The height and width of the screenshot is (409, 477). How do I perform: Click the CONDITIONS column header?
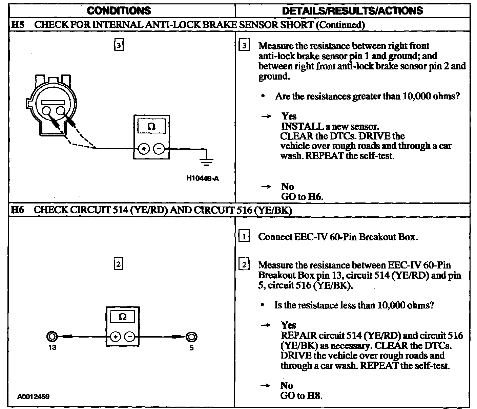pyautogui.click(x=119, y=10)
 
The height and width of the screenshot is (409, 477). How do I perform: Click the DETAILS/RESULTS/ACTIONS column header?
pyautogui.click(x=352, y=10)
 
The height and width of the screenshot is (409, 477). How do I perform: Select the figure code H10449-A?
pyautogui.click(x=203, y=178)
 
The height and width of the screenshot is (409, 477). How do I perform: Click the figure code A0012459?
pyautogui.click(x=33, y=396)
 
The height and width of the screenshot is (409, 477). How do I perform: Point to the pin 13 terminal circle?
pyautogui.click(x=52, y=337)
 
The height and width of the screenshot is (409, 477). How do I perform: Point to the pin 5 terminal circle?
pyautogui.click(x=191, y=337)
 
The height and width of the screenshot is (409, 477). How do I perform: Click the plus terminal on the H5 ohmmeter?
pyautogui.click(x=144, y=149)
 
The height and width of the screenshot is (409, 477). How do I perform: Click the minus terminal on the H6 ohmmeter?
pyautogui.click(x=130, y=337)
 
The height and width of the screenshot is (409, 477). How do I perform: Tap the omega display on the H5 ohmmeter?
pyautogui.click(x=151, y=127)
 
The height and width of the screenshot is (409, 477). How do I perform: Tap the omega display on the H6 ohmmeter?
pyautogui.click(x=123, y=317)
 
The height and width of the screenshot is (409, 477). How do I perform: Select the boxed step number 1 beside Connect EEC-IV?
pyautogui.click(x=244, y=236)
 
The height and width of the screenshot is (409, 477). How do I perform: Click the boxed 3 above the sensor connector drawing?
pyautogui.click(x=119, y=45)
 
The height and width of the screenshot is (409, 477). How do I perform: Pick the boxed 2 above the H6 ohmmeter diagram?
pyautogui.click(x=118, y=264)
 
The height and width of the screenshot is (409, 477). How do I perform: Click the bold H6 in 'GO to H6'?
pyautogui.click(x=314, y=196)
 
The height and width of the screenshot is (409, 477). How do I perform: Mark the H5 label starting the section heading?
pyautogui.click(x=17, y=24)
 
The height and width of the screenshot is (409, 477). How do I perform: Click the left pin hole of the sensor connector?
pyautogui.click(x=46, y=111)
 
